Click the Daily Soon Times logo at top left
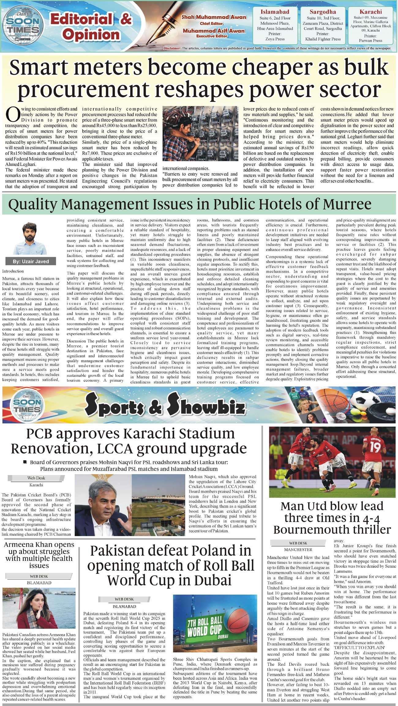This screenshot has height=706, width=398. (x=23, y=26)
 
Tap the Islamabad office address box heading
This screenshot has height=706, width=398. (x=275, y=12)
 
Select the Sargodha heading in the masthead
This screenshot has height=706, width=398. (x=323, y=12)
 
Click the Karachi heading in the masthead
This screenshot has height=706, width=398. (x=370, y=12)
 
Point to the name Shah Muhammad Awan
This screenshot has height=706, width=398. (x=214, y=17)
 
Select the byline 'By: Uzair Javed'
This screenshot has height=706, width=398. (x=31, y=261)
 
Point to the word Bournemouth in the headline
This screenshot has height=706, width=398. (x=332, y=529)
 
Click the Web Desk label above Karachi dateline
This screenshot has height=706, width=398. (x=36, y=478)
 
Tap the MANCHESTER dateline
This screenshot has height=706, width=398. (x=298, y=549)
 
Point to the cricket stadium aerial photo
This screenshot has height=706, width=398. (x=158, y=509)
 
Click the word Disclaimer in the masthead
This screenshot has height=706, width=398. (x=172, y=48)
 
